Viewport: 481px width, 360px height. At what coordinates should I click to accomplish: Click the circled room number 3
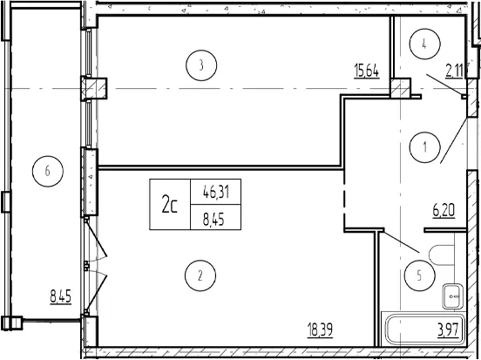point(201,65)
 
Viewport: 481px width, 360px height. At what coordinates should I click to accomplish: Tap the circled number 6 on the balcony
point(48,171)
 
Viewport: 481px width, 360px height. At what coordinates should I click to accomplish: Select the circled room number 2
point(200,275)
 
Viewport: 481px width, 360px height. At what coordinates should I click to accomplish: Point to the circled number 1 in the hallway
point(425,147)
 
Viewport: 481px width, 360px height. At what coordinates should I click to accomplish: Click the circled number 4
point(425,44)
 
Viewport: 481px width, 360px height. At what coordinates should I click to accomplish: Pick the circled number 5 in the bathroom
point(420,275)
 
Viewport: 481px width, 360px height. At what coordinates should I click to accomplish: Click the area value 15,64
point(367,71)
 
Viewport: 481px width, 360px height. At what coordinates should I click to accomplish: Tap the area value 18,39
point(320,330)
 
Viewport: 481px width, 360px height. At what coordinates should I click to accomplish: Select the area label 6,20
point(444,211)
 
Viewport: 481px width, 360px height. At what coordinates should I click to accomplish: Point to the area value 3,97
point(448,330)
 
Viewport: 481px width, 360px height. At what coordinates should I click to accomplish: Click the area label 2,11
point(454,71)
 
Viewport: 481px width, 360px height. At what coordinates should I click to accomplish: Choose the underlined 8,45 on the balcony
point(61,296)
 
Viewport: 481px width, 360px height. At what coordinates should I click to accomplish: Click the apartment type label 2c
point(170,206)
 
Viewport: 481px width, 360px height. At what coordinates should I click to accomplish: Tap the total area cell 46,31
point(216,193)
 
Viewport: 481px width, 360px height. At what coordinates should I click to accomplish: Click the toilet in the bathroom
point(442,255)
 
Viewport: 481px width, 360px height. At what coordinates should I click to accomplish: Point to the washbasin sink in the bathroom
point(453,296)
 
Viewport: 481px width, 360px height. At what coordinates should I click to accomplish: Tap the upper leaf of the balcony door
point(97,240)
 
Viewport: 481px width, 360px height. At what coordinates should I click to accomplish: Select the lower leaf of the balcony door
point(97,291)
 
